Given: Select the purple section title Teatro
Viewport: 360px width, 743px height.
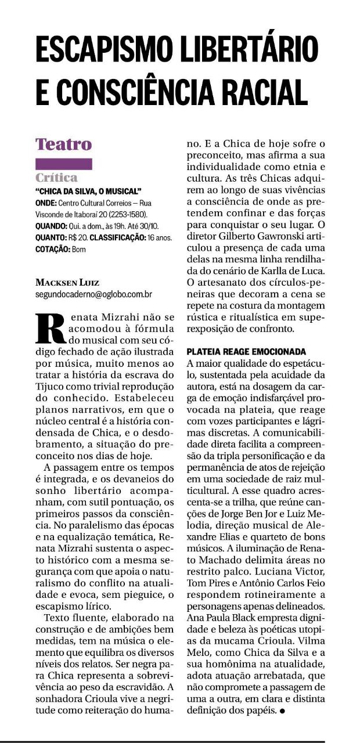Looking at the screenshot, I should tap(64, 143).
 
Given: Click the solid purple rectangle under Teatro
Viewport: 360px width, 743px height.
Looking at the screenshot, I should tap(64, 164).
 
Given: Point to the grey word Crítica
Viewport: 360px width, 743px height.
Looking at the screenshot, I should tap(56, 178).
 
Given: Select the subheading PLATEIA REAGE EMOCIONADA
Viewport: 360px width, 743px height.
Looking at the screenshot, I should tap(246, 352).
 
